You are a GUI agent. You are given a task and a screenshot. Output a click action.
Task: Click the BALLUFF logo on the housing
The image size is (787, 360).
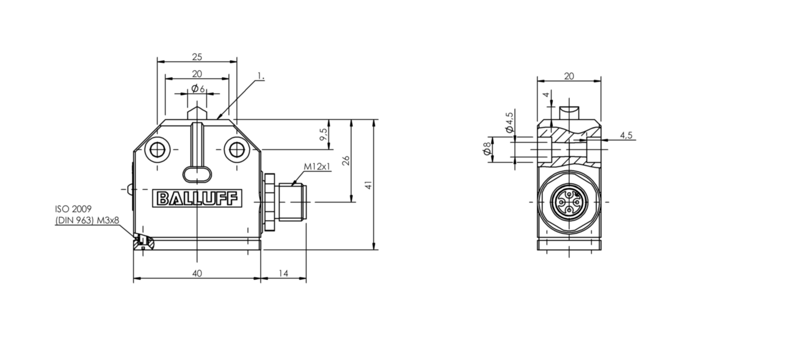tap(197, 198)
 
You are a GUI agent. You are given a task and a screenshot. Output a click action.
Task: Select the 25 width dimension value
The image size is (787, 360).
tap(197, 56)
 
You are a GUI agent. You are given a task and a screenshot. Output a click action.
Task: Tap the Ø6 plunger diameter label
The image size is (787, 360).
tap(198, 88)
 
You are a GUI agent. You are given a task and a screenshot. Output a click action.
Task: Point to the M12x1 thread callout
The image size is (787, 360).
tap(317, 166)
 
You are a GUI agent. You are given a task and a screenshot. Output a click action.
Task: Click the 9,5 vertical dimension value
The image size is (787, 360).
tap(323, 134)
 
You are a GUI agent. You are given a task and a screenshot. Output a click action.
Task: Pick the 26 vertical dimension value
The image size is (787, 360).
tap(346, 160)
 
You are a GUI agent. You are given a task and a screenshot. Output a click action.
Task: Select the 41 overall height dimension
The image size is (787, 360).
tap(368, 185)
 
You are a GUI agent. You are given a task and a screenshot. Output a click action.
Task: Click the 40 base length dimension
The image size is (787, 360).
tap(197, 273)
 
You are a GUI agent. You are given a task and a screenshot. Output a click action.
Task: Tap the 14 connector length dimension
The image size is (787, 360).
tap(283, 273)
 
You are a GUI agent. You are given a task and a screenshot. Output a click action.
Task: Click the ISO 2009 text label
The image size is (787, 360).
tap(73, 209)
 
